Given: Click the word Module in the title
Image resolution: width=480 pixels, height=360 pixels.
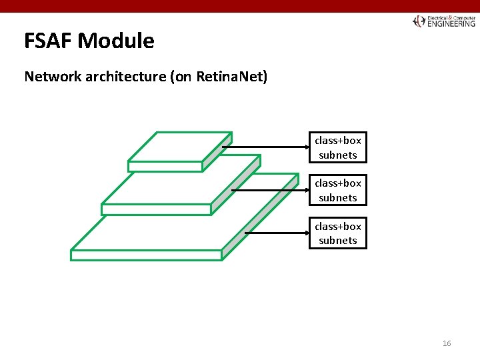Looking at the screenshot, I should tap(116, 41).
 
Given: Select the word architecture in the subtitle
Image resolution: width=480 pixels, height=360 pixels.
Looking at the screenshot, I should tap(125, 77).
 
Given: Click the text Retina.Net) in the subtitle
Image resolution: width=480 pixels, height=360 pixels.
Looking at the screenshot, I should tap(232, 77).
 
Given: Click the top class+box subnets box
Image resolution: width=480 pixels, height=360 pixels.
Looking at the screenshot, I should tap(337, 147).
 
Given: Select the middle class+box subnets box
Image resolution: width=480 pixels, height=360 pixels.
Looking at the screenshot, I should tap(337, 190).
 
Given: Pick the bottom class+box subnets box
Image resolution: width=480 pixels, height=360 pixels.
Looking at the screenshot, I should tap(337, 233).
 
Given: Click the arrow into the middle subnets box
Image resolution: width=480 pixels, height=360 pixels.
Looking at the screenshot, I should tap(270, 190).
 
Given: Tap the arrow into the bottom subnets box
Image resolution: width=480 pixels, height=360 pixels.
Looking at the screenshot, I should tap(277, 233).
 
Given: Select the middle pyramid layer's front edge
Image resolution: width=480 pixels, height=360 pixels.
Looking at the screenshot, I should tap(156, 209).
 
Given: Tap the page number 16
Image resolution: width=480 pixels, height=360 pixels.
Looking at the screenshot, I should tap(446, 343).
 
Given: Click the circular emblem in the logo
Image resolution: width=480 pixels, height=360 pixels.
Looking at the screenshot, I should tap(419, 21).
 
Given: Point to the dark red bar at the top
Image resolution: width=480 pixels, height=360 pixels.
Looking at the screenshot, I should tap(240, 6).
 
